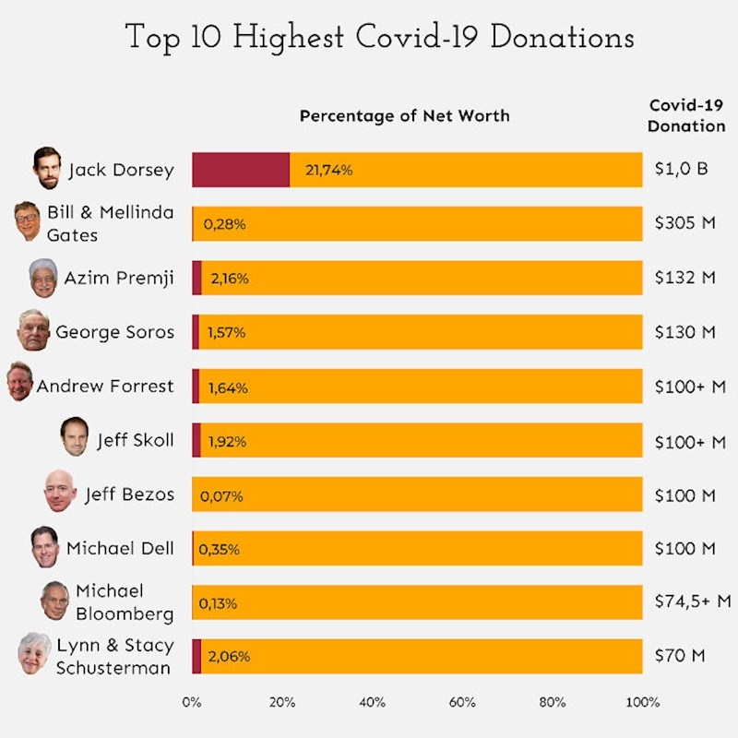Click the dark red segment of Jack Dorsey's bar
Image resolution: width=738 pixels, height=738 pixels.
point(240,170)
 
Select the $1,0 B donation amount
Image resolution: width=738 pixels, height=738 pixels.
point(681,170)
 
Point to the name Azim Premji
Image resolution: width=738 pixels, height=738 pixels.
point(118,278)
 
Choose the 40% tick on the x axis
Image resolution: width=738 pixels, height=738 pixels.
point(372,702)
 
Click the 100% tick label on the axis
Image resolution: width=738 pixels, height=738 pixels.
point(642,702)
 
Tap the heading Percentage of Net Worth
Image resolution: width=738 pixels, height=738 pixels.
point(404,116)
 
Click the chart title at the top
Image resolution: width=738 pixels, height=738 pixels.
point(379,38)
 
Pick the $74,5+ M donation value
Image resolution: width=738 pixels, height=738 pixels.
point(692,601)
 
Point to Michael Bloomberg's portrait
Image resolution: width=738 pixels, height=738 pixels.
point(55,601)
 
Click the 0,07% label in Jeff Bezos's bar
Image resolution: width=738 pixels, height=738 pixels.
point(221,496)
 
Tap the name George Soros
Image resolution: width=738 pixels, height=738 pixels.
point(114,332)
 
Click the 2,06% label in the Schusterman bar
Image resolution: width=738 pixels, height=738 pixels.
point(229,657)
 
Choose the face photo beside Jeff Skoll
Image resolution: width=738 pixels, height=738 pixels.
point(74,438)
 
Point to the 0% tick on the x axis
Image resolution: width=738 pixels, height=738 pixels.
point(192,702)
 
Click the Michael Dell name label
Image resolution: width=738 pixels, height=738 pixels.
point(119,548)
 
